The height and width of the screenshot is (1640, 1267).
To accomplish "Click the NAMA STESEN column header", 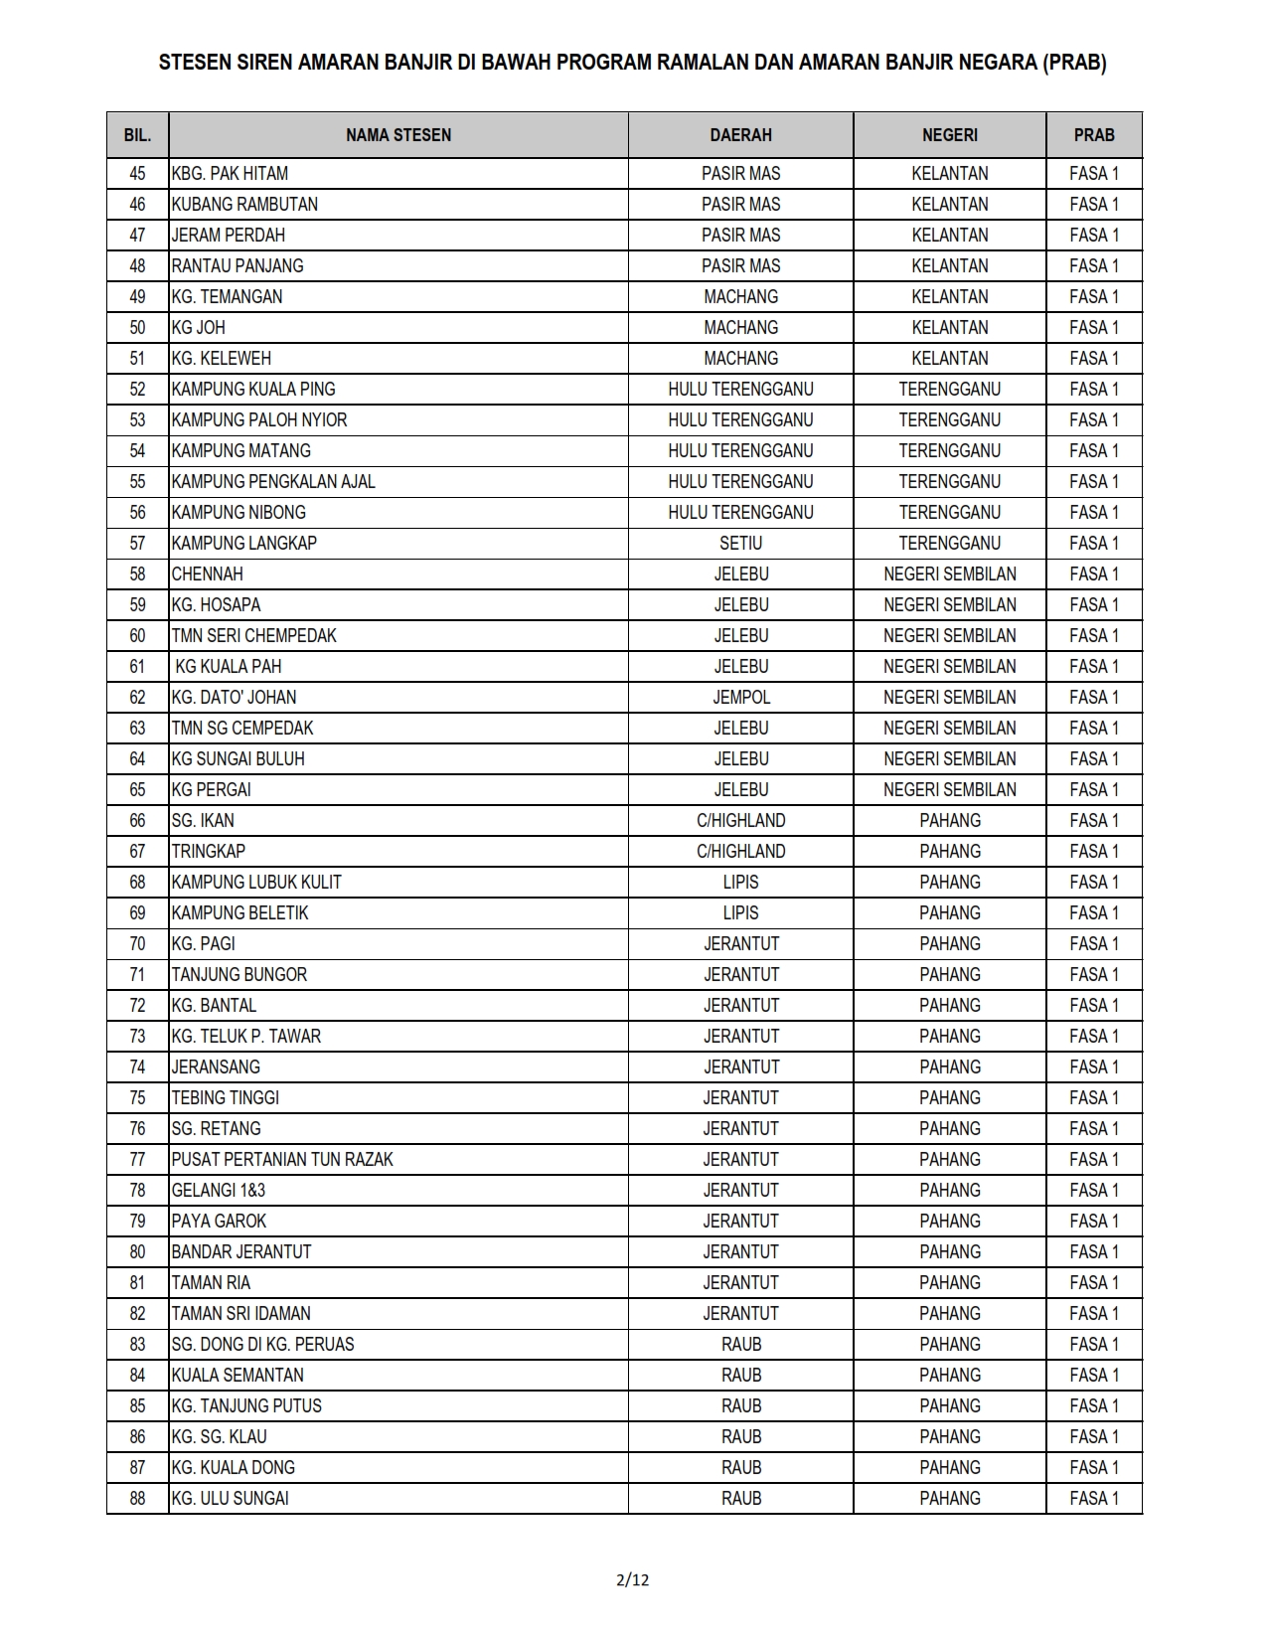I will [397, 135].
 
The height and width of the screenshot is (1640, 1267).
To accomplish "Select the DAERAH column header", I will [740, 135].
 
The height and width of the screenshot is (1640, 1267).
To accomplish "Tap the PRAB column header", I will [1093, 135].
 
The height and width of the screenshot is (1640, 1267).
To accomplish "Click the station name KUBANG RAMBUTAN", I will [244, 204].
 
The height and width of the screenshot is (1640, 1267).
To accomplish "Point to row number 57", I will [137, 543].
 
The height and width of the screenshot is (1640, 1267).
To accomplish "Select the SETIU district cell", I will [740, 543].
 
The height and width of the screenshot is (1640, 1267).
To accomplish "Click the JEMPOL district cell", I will [740, 697].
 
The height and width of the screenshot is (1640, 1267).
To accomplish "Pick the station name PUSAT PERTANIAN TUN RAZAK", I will [282, 1159].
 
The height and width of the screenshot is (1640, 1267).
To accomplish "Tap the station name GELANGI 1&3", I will [218, 1190].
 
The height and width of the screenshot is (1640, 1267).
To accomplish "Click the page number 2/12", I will [633, 1579].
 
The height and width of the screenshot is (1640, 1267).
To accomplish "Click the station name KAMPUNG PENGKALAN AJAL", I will [273, 481].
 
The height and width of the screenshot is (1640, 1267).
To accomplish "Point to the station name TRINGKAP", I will [208, 851].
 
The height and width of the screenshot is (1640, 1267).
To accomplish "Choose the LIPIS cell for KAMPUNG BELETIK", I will [740, 912].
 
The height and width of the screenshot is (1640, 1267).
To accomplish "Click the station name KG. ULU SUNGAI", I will [230, 1498].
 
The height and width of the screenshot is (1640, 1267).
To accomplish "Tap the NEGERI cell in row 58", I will [949, 574].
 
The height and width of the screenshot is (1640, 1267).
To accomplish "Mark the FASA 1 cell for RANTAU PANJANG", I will [1093, 265].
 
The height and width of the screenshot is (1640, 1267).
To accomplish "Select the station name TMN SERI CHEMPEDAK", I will [253, 635].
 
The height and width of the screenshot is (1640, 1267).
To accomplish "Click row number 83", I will [137, 1344].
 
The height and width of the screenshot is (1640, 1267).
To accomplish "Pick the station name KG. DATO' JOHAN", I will [234, 697].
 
